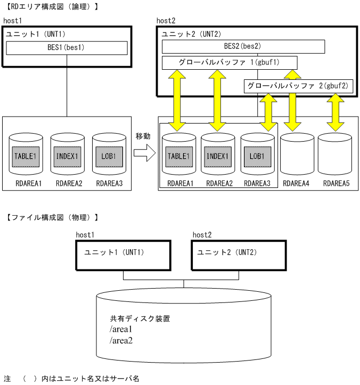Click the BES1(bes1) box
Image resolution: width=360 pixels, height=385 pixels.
pos(67,48)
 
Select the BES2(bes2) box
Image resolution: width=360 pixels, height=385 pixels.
pos(243,47)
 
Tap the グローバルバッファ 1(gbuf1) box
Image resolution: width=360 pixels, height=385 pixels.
pos(230,63)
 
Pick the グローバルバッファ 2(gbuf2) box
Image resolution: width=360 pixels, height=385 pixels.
pos(298,86)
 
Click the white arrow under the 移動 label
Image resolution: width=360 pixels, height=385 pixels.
pos(143,154)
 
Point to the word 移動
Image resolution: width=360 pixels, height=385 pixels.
pos(143,136)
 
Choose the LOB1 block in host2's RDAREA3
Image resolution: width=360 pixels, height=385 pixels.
pos(257,157)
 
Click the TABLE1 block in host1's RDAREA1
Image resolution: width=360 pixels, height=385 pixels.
pos(26,157)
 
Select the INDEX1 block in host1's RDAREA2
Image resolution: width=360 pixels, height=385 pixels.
pos(67,157)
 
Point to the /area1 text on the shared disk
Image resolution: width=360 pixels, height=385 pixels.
pos(121,330)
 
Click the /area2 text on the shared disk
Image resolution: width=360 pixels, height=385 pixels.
pos(121,340)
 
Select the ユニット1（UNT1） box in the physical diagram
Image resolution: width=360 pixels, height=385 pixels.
pos(123,256)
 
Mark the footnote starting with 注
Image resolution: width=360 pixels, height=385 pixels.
pos(71,379)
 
